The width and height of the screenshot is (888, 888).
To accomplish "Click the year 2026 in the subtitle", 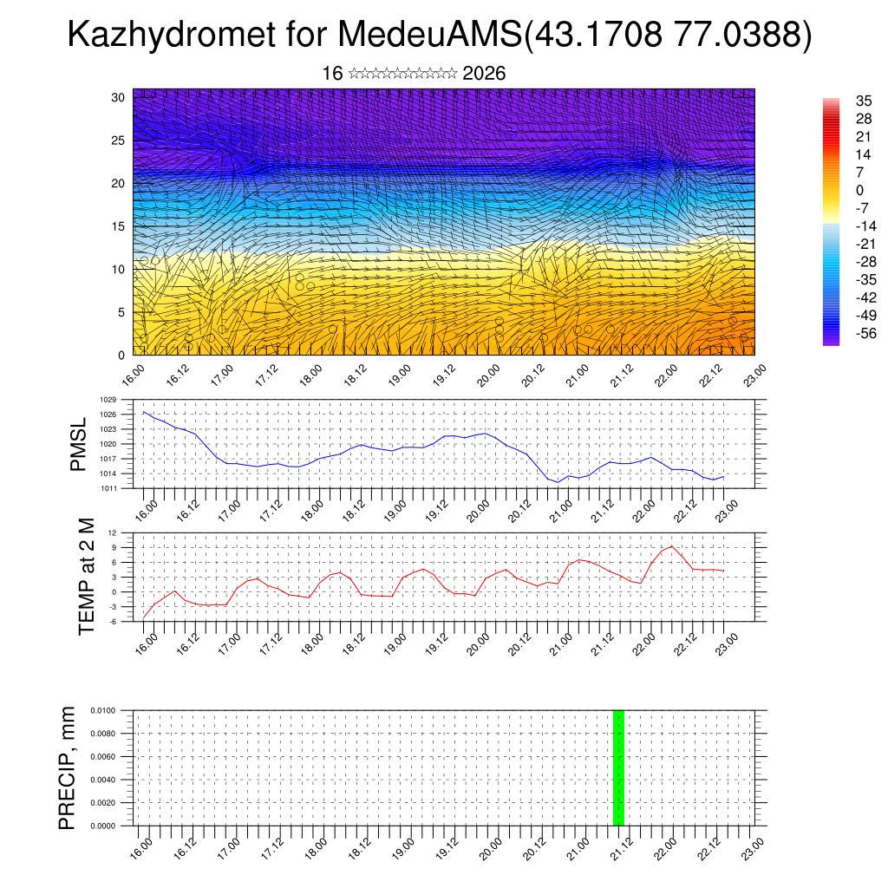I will [x=484, y=74].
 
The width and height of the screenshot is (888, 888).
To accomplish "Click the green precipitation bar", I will [x=618, y=767].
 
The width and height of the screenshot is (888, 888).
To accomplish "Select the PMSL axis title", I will [x=79, y=444].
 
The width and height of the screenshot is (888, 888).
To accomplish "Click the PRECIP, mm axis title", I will [x=68, y=767].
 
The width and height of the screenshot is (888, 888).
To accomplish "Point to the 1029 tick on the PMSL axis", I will [x=108, y=400].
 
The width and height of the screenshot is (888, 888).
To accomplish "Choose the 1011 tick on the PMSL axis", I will [x=108, y=488].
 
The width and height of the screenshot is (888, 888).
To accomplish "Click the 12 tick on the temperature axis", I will [x=112, y=532].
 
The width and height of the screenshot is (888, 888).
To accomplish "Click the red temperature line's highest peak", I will [x=671, y=545].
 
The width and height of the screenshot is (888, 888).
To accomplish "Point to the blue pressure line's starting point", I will [x=144, y=412].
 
